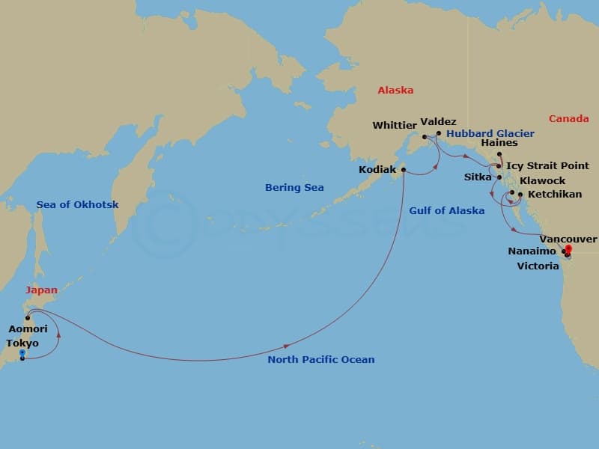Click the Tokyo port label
coord(22,343)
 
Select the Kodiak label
coord(377,170)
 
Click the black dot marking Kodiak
coord(404,170)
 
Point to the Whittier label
coord(395,125)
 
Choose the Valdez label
coord(439,121)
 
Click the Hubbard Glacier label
coord(490,134)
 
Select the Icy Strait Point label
coord(547,166)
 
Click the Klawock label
coord(543,181)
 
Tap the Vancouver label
coord(568,239)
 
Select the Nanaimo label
coord(531,252)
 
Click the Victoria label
coord(538,266)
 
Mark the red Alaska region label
coord(395,91)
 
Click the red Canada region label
coord(568,119)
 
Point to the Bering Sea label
coord(294,188)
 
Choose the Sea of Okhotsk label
coord(77,205)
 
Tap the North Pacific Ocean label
coord(321,360)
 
